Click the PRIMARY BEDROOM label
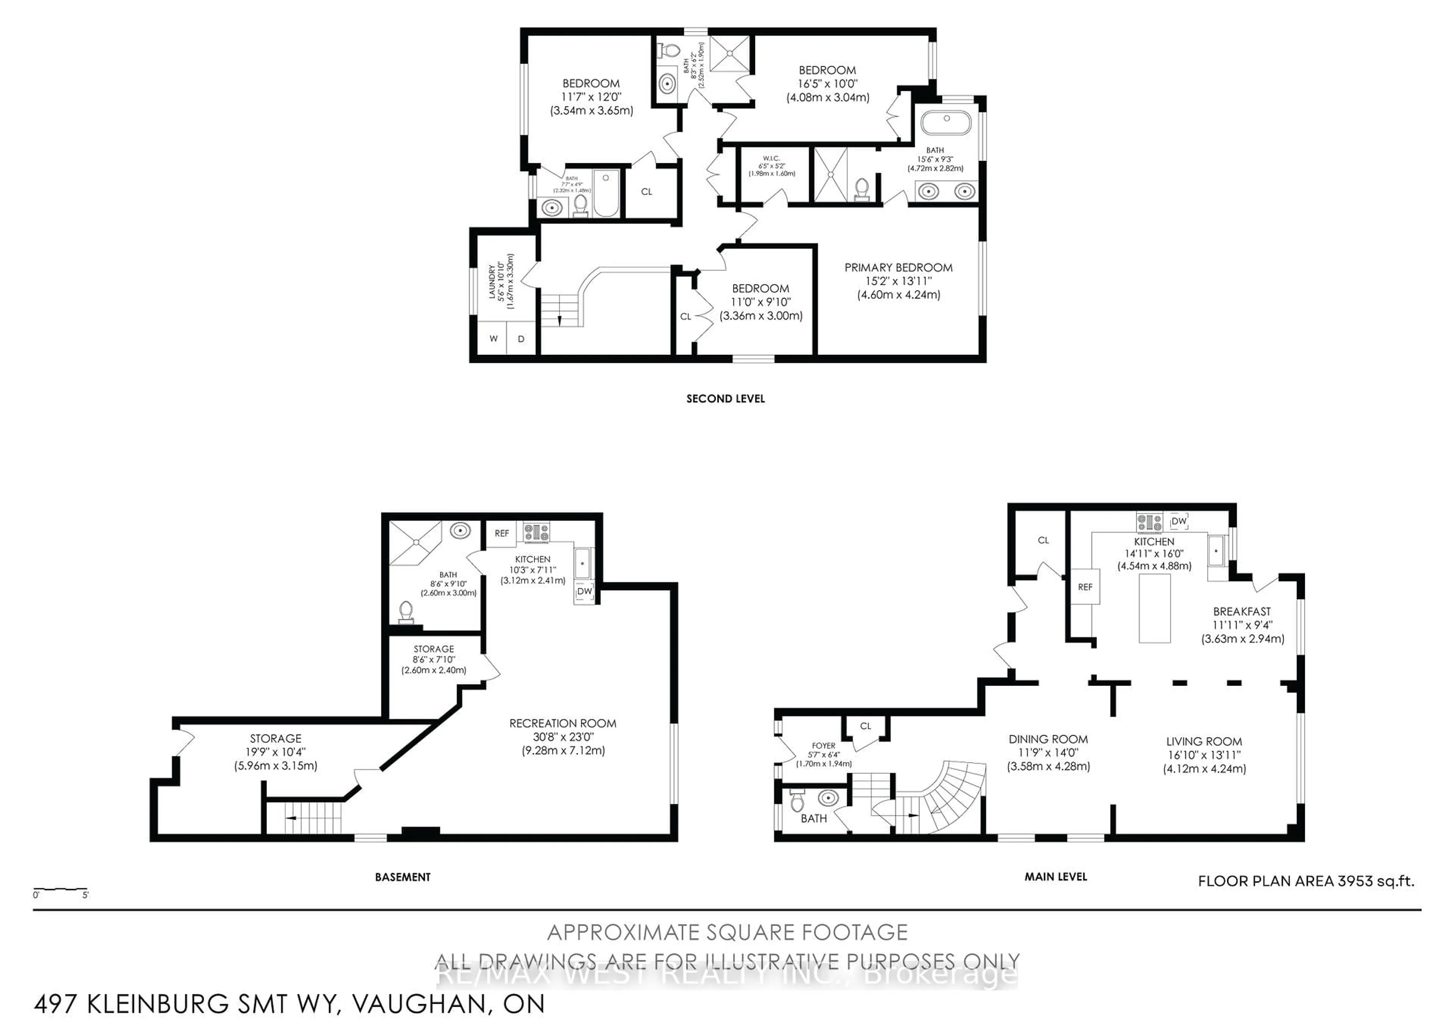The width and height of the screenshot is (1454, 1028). pos(898,267)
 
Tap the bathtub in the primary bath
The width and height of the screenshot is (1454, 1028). pos(945,123)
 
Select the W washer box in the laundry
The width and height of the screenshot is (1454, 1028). pos(493,339)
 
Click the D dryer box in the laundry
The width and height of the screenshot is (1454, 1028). pos(521,339)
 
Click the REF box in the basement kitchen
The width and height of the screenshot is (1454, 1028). pos(502,533)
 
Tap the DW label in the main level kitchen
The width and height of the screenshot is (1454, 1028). pos(1178,521)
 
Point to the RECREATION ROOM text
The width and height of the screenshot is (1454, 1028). pos(562,723)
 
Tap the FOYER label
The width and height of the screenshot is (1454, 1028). pos(823,745)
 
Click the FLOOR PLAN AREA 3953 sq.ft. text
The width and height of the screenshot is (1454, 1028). pos(1306,881)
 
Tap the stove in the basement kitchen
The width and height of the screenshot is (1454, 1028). pos(537,532)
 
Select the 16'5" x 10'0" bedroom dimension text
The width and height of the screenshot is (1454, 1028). pos(827,84)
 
